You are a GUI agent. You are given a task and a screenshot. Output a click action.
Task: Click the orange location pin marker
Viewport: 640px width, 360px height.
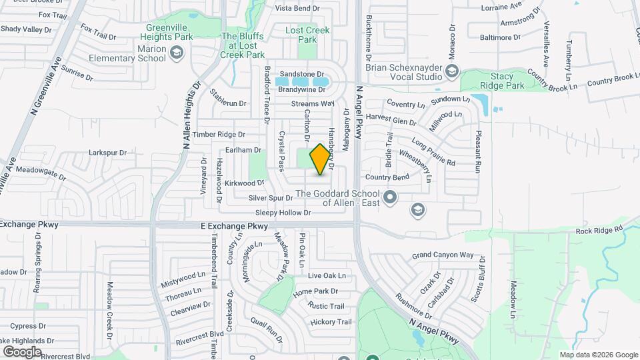pyautogui.click(x=321, y=159)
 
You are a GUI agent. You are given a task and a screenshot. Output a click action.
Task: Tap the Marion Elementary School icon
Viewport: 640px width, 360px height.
pyautogui.click(x=177, y=53)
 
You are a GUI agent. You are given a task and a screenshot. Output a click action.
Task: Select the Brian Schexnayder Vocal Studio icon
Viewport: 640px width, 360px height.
pyautogui.click(x=452, y=71)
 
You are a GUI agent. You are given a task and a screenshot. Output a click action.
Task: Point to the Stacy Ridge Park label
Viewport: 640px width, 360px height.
pyautogui.click(x=501, y=81)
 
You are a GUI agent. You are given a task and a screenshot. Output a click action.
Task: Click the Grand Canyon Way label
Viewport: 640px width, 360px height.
pyautogui.click(x=442, y=255)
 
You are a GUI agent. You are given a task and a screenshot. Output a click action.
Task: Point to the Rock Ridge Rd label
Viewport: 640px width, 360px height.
pyautogui.click(x=599, y=230)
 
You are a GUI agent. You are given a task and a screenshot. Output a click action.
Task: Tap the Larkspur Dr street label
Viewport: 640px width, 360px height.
pyautogui.click(x=107, y=153)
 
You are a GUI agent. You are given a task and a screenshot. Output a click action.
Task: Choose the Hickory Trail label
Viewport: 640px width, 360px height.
pyautogui.click(x=331, y=322)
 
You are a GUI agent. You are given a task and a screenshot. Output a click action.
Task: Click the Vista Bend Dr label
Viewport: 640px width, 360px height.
pyautogui.click(x=303, y=8)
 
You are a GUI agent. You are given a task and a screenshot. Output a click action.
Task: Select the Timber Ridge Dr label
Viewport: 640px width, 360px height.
pyautogui.click(x=219, y=134)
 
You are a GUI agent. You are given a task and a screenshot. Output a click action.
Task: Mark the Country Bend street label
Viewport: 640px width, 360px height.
pyautogui.click(x=387, y=177)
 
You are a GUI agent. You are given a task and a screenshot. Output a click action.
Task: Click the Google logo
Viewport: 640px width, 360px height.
pyautogui.click(x=22, y=351)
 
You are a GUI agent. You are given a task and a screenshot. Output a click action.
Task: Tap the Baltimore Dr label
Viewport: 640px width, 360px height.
pyautogui.click(x=499, y=37)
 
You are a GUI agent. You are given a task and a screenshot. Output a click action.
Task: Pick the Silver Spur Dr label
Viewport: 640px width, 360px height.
pyautogui.click(x=271, y=198)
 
